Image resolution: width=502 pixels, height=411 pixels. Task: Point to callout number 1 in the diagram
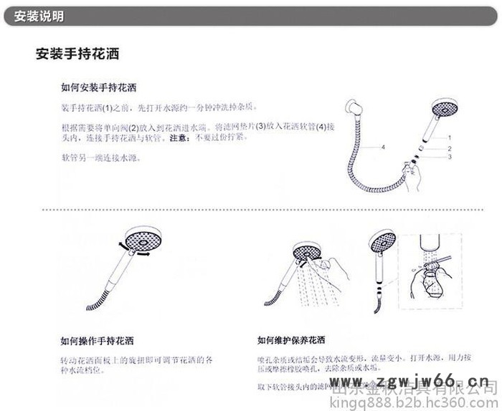(450, 137)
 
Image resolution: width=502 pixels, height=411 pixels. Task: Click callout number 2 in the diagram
(450, 148)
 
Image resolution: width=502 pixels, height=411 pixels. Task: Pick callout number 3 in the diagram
(450, 157)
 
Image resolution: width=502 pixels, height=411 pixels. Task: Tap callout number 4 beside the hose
(383, 148)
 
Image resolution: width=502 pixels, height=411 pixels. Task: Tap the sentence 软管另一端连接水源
(100, 157)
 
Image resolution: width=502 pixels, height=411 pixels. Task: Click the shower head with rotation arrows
(137, 241)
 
